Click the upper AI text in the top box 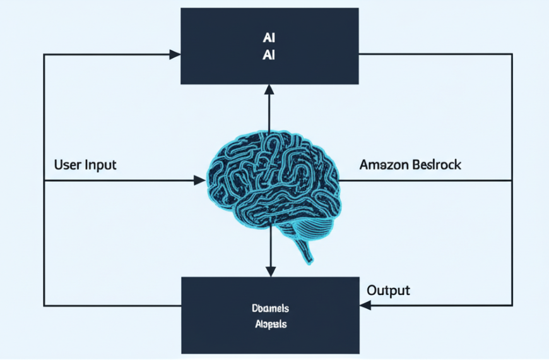[x=270, y=37]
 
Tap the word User [x=68, y=165]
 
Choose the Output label [x=388, y=291]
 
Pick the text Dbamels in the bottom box [x=269, y=309]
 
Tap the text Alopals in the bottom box [x=269, y=325]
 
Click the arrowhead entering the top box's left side [x=175, y=55]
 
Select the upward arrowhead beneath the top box [x=270, y=90]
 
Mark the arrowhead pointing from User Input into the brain [x=199, y=181]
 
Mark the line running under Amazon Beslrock [x=429, y=181]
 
